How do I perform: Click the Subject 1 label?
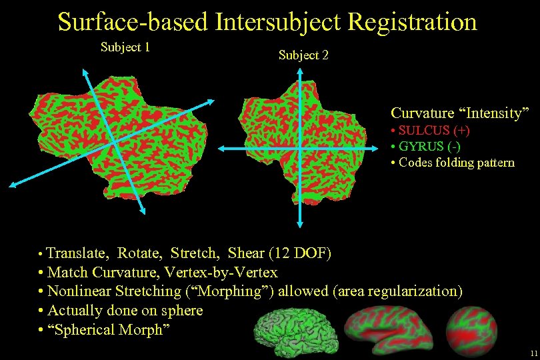coord(125,47)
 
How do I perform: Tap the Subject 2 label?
coord(303,55)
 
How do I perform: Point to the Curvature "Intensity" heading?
coord(459,113)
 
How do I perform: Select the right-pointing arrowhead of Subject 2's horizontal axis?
coord(368,147)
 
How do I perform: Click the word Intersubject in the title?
coord(277,21)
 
